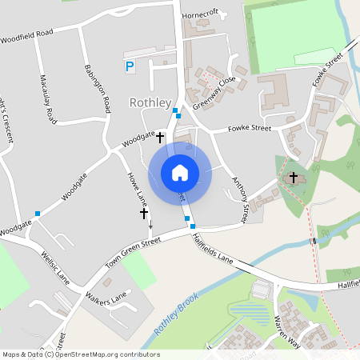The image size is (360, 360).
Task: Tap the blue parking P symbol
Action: click(130, 67)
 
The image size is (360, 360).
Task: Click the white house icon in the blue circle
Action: click(180, 172)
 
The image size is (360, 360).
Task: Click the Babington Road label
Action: click(95, 88)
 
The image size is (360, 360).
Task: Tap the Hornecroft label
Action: click(200, 14)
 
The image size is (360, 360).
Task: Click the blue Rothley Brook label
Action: click(177, 314)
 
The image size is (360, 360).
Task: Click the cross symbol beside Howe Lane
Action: click(144, 214)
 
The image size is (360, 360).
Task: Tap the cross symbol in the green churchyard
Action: click(293, 177)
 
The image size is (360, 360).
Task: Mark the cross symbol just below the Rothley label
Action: click(160, 138)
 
